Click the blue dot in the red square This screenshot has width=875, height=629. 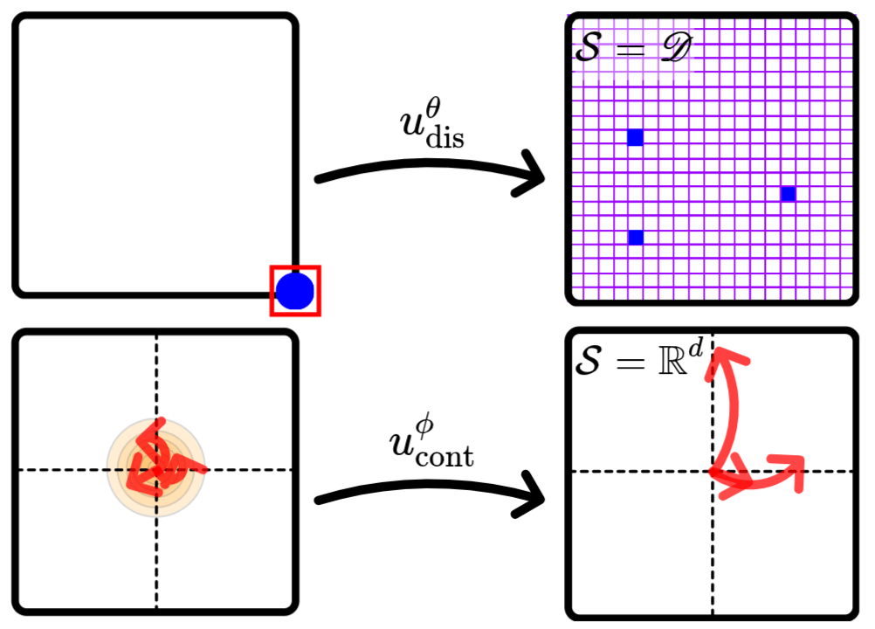coord(295,291)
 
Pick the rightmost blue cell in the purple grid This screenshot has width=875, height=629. coord(789,194)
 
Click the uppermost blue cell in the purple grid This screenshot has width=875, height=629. coord(635,137)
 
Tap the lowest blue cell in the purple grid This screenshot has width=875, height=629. coord(635,238)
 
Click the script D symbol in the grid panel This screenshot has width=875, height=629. coord(673,50)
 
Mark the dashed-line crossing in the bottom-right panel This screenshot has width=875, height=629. coord(713,471)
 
